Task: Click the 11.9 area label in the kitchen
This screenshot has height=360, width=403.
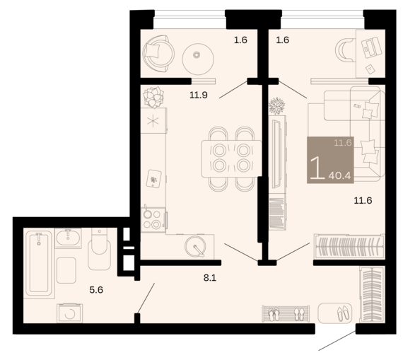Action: click(199, 95)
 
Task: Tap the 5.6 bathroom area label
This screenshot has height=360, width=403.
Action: click(96, 290)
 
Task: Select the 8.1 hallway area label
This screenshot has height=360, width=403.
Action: click(210, 278)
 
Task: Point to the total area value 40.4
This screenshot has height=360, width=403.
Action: click(339, 175)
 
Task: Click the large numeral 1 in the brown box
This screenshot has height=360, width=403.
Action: click(317, 168)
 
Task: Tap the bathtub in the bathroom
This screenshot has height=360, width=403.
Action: click(39, 263)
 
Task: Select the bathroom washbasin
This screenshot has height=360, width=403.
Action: click(68, 238)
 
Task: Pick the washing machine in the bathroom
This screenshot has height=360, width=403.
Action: click(70, 313)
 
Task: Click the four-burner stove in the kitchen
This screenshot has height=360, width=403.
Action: click(153, 220)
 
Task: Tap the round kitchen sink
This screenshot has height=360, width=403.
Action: click(195, 246)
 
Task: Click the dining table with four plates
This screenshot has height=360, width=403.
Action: click(231, 158)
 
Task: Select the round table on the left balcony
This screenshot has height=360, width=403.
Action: click(198, 59)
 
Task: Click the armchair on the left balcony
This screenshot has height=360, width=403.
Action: click(157, 54)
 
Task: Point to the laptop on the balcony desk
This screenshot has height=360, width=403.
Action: click(371, 47)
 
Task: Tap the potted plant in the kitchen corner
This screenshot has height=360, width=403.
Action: click(153, 97)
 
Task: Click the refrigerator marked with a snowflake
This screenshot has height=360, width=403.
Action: click(153, 121)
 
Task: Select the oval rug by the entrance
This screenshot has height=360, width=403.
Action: click(334, 313)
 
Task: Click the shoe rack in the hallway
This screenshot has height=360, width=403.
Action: click(286, 314)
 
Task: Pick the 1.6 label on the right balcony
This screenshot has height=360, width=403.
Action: click(283, 40)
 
